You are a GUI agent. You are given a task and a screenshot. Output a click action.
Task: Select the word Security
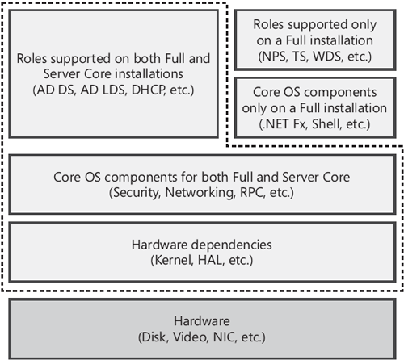[x=137, y=194]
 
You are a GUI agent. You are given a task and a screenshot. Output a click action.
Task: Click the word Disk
[x=155, y=336]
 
